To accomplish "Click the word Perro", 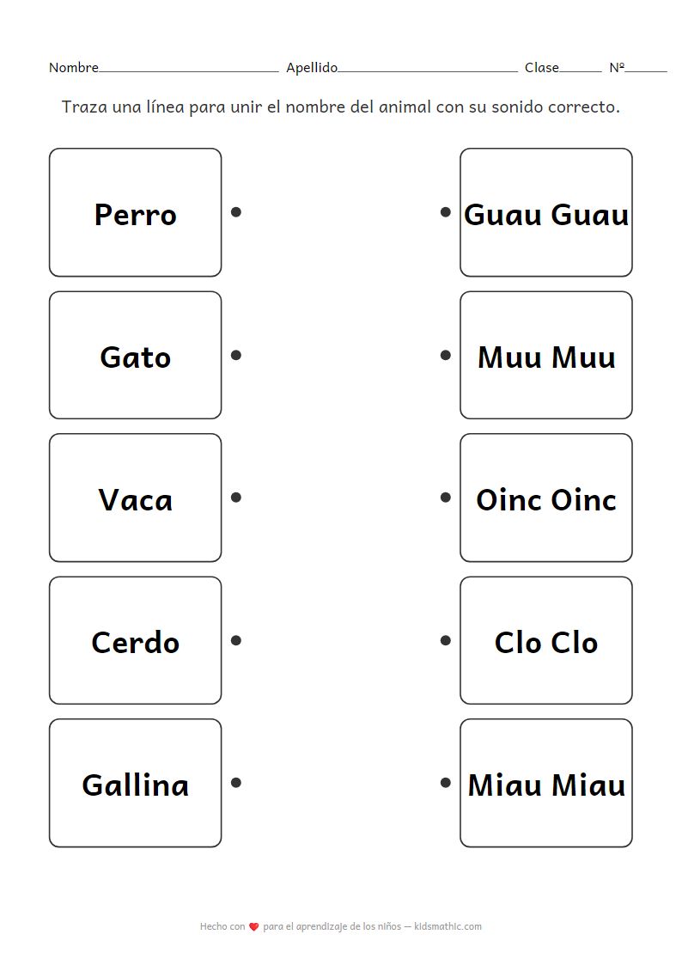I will pyautogui.click(x=135, y=215).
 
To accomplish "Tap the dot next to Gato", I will pyautogui.click(x=236, y=355).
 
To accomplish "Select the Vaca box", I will pyautogui.click(x=135, y=498).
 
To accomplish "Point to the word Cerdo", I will pyautogui.click(x=135, y=643).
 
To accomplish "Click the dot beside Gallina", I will pyautogui.click(x=236, y=783).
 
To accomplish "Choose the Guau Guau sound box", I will pyautogui.click(x=545, y=212).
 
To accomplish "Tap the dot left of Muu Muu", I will pyautogui.click(x=445, y=355).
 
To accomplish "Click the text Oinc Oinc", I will pyautogui.click(x=545, y=500).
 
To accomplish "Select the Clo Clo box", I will pyautogui.click(x=545, y=640).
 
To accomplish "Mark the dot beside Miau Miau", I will pyautogui.click(x=445, y=783).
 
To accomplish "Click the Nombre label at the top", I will pyautogui.click(x=73, y=68).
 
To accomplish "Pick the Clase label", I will pyautogui.click(x=541, y=68).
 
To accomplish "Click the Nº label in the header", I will pyautogui.click(x=617, y=68).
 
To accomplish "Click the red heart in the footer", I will pyautogui.click(x=253, y=927).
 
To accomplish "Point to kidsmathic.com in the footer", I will pyautogui.click(x=448, y=926).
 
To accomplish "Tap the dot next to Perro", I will pyautogui.click(x=236, y=212).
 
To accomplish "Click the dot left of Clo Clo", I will pyautogui.click(x=445, y=640).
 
